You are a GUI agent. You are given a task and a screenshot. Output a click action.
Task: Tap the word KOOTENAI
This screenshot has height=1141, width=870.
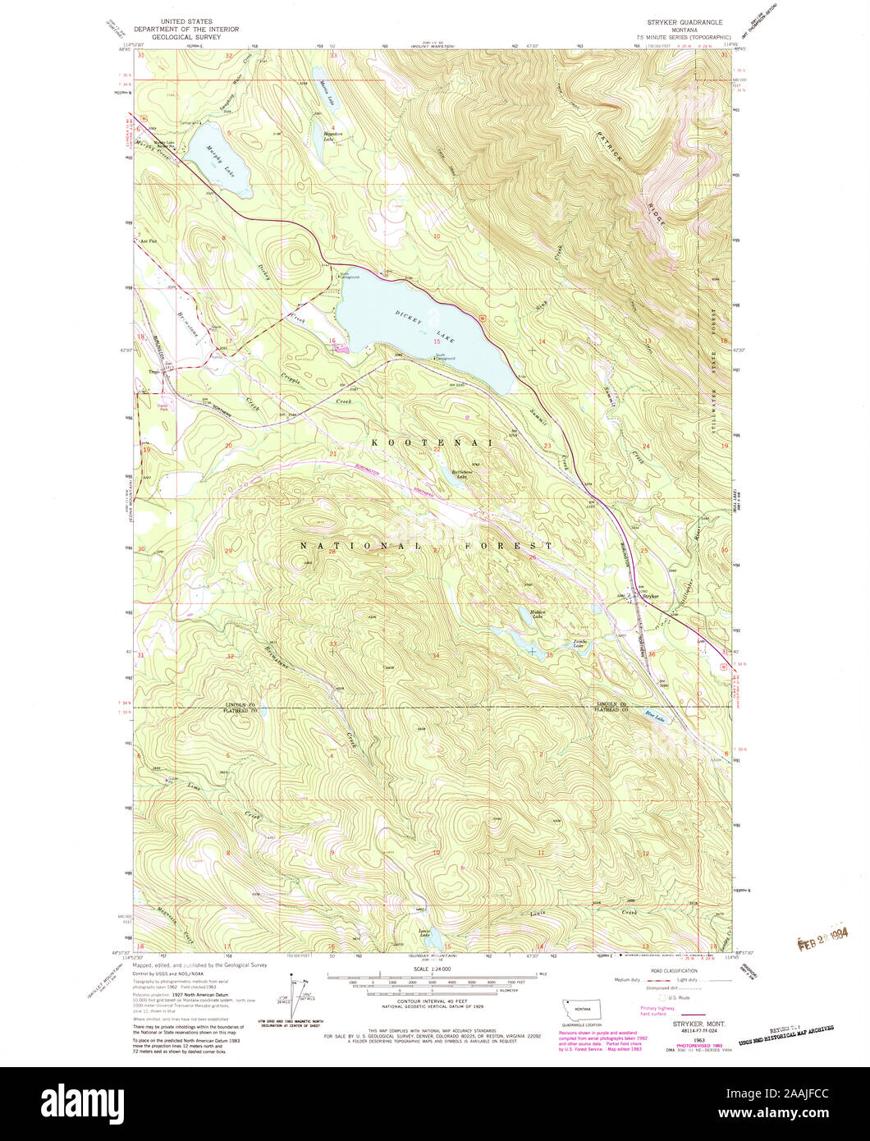[x=433, y=442]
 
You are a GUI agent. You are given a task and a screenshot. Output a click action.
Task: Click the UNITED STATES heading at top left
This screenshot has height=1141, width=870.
[x=186, y=21]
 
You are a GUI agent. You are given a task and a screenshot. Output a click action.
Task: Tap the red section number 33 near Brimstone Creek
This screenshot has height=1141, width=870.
[x=332, y=644]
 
